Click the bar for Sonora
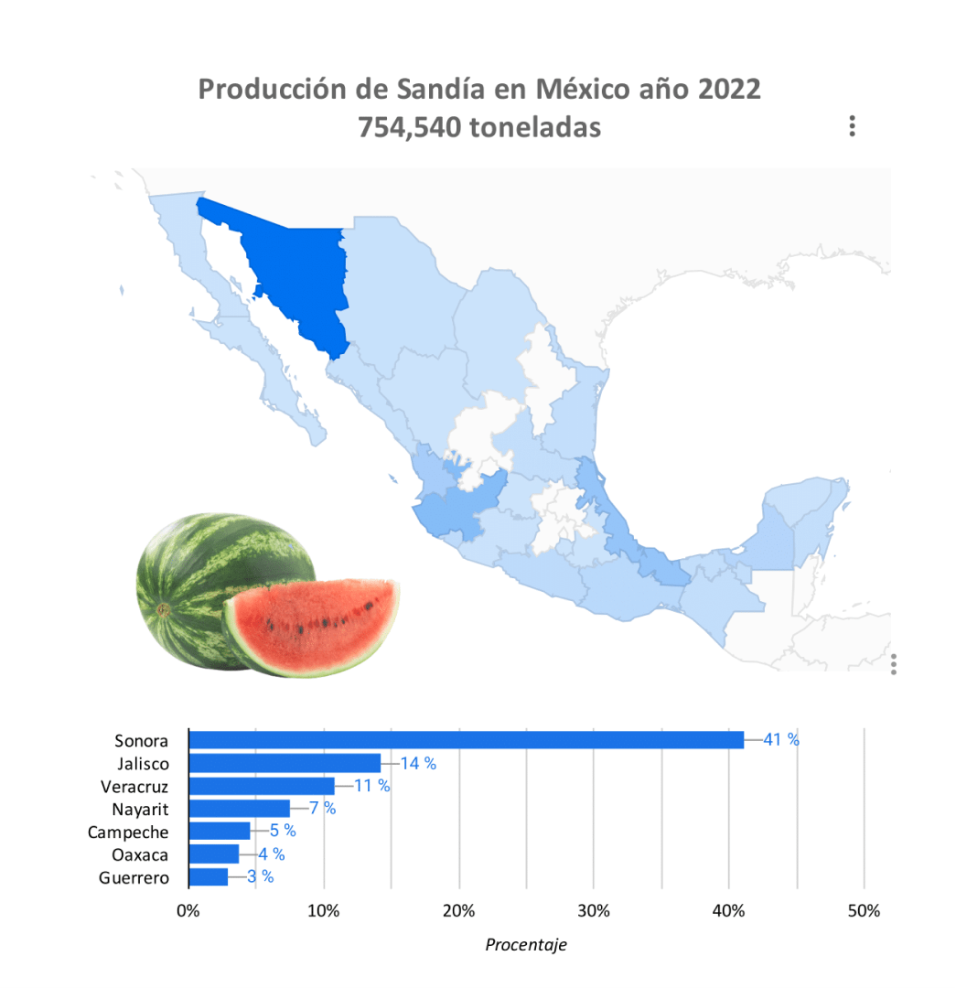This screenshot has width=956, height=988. point(466,740)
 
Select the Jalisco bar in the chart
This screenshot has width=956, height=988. point(285,763)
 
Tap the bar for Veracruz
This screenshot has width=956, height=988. point(262,786)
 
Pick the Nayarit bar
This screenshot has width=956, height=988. point(239,809)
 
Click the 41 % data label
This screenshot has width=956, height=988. point(780,740)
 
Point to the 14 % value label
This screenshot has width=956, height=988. point(418,763)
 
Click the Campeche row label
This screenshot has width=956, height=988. point(128,832)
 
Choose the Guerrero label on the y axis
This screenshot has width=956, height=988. point(134,878)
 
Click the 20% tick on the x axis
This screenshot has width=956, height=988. point(458,911)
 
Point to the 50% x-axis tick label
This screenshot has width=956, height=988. point(864,911)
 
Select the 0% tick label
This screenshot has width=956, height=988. point(188,911)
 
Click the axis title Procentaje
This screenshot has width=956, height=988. point(526,945)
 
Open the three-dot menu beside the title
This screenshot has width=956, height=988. point(852,126)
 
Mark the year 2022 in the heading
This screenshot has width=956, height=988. point(728,91)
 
